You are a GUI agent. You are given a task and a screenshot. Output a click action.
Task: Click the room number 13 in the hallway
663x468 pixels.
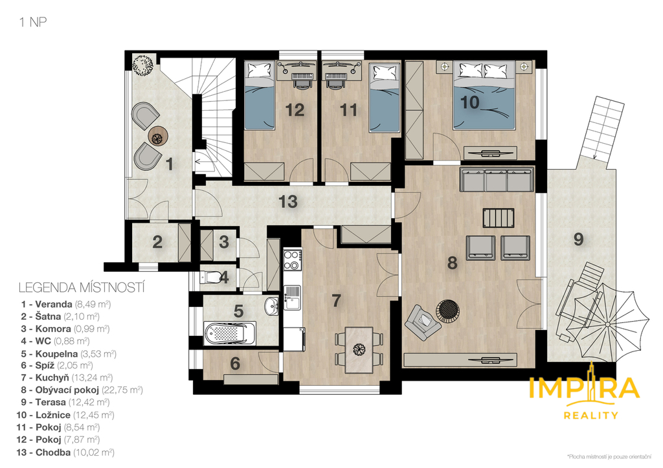[288, 202]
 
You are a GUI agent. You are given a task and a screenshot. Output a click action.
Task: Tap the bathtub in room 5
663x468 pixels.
[230, 333]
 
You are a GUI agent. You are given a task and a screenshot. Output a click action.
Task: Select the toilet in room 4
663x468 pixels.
[211, 277]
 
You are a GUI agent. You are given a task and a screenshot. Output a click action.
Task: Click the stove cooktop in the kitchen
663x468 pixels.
[292, 260]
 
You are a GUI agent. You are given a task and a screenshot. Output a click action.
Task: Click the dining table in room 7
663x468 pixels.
[359, 350]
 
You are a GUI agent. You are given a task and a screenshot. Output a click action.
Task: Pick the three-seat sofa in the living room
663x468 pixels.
[497, 180]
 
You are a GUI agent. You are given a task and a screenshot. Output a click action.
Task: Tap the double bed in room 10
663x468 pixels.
[484, 95]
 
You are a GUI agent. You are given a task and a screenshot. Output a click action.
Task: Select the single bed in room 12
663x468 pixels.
[260, 96]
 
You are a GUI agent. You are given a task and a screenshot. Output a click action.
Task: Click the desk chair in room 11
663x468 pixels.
[335, 81]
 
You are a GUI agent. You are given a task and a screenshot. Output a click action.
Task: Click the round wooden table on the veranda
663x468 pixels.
[158, 137]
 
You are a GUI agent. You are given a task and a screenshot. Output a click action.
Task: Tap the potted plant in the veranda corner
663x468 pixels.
[142, 65]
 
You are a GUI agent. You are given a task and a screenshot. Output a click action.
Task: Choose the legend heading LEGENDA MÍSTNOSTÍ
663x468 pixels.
[82, 288]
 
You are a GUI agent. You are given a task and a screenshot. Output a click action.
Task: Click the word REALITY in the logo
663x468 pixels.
[590, 416]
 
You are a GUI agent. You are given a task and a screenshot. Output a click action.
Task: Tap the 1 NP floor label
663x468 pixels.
[34, 22]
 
